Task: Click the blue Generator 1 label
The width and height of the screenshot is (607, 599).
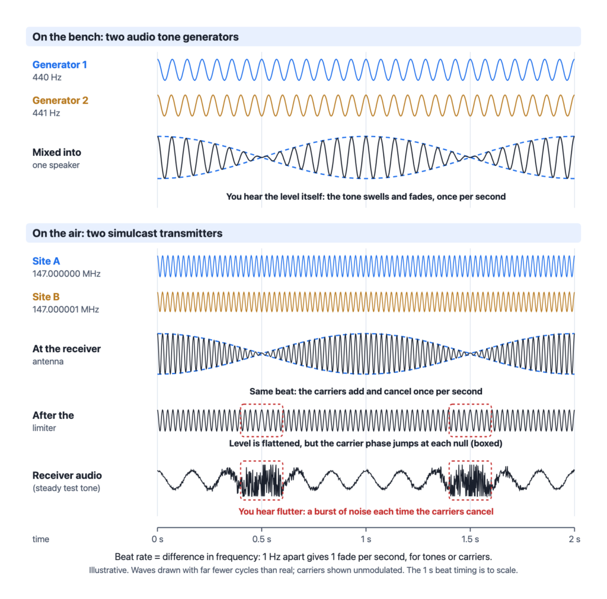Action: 60,65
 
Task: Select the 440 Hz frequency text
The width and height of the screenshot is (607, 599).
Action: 47,78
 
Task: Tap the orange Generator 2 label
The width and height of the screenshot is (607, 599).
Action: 60,100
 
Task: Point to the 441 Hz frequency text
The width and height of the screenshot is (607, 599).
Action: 46,113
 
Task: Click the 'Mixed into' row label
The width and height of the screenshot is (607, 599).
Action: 57,152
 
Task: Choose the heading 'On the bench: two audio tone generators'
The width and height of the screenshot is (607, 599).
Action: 136,37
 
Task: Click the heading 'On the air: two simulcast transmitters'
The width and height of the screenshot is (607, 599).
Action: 127,233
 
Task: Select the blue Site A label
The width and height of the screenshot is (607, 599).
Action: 46,261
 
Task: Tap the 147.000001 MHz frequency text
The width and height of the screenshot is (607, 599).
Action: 66,310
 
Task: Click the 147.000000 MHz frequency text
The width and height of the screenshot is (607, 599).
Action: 66,274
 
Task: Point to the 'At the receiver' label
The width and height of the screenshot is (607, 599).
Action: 66,349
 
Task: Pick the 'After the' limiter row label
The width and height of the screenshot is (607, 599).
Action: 53,416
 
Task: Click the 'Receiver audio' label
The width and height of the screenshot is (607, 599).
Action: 67,476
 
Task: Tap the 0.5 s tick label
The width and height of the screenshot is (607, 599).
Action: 261,539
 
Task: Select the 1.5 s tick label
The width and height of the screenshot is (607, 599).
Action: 470,539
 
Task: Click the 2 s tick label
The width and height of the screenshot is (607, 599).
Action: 574,539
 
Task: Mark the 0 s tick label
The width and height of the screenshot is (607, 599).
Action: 158,539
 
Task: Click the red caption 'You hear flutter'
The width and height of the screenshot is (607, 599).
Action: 366,511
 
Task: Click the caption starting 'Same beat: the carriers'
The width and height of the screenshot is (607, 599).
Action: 366,391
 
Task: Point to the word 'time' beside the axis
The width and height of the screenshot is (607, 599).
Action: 41,539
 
